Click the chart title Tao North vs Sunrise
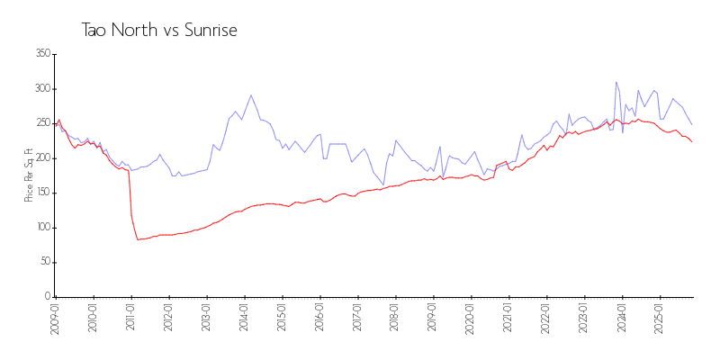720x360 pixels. (159, 31)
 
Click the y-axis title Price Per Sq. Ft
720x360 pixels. (29, 175)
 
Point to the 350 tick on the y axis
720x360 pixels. (41, 54)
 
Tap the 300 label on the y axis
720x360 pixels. (41, 89)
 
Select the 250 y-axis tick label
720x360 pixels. (41, 123)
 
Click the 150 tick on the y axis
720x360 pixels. (41, 193)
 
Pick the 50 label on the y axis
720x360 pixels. (44, 262)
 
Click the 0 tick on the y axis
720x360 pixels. (47, 297)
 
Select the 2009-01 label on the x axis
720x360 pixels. (56, 318)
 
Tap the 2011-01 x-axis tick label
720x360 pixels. (131, 318)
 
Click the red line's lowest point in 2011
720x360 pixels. (138, 239)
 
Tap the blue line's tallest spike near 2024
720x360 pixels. (616, 82)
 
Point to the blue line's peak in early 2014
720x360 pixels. (251, 95)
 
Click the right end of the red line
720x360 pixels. (692, 142)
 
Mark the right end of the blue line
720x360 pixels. (692, 125)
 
